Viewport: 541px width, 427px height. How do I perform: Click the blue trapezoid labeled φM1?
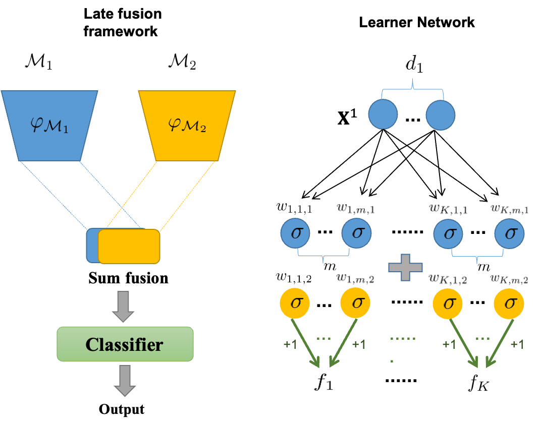(x=49, y=126)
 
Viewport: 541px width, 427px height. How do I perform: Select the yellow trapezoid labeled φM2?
(x=187, y=126)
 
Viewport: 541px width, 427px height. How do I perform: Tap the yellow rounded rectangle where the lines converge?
(x=129, y=247)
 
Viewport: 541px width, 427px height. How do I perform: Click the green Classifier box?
(x=125, y=344)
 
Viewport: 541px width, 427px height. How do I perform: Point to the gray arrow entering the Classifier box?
(x=123, y=306)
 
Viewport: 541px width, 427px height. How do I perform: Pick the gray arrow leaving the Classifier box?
(x=124, y=380)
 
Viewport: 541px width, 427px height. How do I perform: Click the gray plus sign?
(x=405, y=267)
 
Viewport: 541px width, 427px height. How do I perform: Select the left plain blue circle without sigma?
(x=383, y=114)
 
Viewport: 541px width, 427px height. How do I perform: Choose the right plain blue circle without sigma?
(x=440, y=115)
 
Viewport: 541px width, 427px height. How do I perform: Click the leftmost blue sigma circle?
(x=295, y=233)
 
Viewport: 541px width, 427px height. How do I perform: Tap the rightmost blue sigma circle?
(x=509, y=233)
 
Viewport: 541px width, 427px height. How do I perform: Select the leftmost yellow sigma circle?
(x=294, y=303)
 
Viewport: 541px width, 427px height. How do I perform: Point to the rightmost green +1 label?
(x=517, y=344)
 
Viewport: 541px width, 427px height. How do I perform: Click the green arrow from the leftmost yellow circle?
(x=308, y=343)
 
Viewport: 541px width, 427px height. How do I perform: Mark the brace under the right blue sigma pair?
(x=477, y=256)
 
